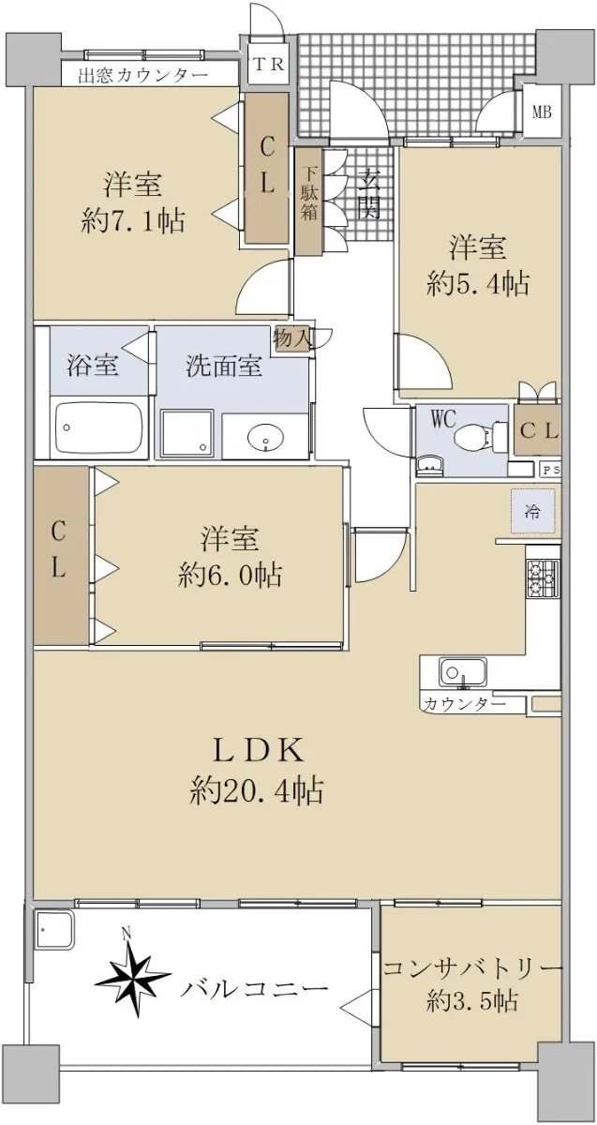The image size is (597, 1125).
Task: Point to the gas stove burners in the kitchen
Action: point(543,578)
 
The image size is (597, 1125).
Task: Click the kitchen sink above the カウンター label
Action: point(463,672)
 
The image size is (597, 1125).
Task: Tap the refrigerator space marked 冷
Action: point(533,511)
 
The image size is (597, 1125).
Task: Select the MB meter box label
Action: point(542,112)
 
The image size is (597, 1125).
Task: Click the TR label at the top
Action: point(268,65)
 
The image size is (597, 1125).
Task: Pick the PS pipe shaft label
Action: point(551,471)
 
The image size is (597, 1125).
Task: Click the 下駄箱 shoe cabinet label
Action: point(309,193)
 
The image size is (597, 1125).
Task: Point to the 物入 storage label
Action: point(291,339)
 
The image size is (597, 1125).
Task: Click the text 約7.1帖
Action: point(132,221)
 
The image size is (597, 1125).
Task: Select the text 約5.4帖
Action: point(477,285)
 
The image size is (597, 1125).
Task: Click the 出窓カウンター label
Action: point(143,76)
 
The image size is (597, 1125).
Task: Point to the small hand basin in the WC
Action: point(430,466)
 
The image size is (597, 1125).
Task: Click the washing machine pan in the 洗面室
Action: point(187,433)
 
